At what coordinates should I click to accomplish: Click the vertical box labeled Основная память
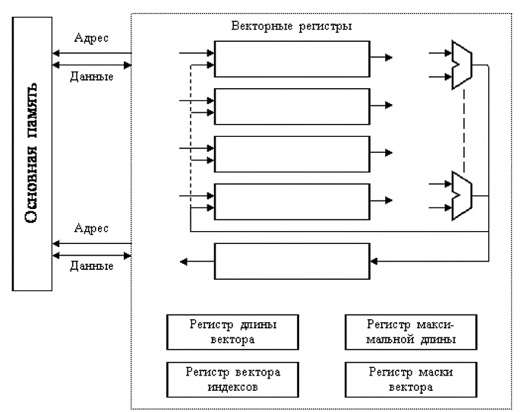(x=32, y=157)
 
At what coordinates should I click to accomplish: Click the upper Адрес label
(x=91, y=36)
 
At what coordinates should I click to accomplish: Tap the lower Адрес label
(x=91, y=228)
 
